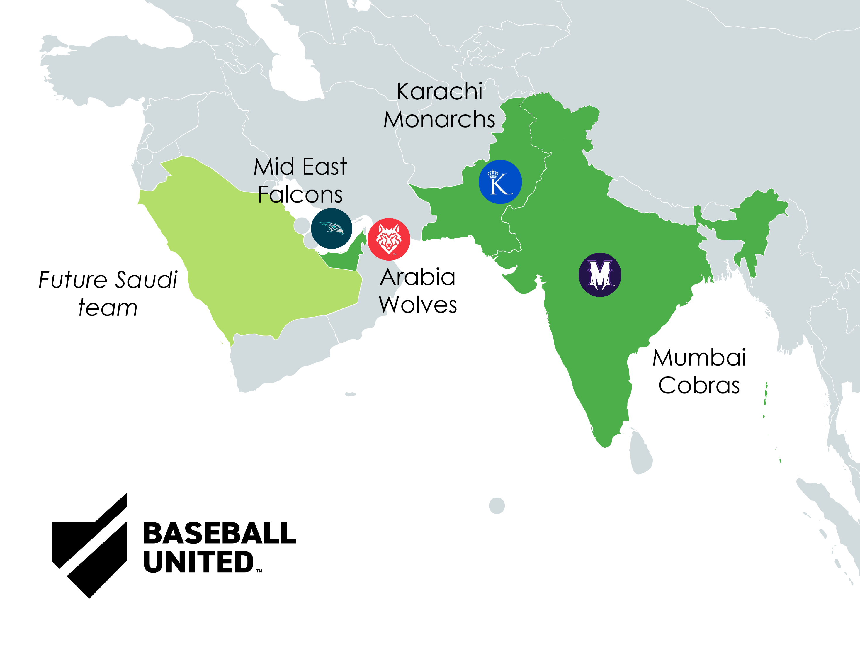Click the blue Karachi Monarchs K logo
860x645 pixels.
point(500,182)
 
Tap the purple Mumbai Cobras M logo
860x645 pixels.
point(600,275)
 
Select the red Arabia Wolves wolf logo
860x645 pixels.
point(389,239)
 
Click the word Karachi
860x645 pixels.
point(439,92)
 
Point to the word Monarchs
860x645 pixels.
point(439,119)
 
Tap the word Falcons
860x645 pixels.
point(300,194)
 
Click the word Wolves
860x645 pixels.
point(418,305)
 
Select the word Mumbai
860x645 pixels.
point(699,358)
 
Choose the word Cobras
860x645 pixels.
point(699,386)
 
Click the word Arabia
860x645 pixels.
point(418,277)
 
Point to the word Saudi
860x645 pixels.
point(147,280)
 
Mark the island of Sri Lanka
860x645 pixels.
point(640,453)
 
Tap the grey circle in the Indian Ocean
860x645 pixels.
point(497,506)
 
